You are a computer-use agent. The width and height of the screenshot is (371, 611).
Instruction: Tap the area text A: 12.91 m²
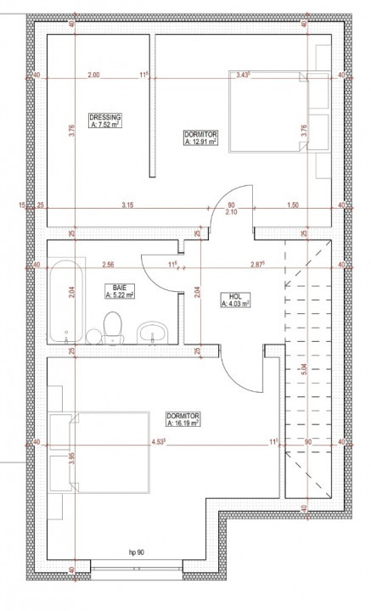[201, 143]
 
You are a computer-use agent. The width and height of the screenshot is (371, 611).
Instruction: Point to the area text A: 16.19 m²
[183, 423]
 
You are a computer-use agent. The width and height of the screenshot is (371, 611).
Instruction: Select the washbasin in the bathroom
[153, 331]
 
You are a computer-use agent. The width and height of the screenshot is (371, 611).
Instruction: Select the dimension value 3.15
[127, 205]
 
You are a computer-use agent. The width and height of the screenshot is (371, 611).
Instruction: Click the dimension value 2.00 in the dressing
[93, 76]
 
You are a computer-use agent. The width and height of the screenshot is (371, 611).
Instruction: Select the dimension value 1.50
[292, 205]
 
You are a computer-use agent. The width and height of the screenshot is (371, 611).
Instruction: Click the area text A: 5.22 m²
[118, 296]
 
